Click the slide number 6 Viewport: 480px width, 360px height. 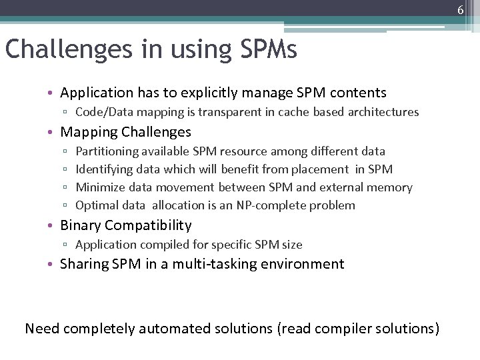(460, 9)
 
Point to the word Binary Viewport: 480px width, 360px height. (80, 225)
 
